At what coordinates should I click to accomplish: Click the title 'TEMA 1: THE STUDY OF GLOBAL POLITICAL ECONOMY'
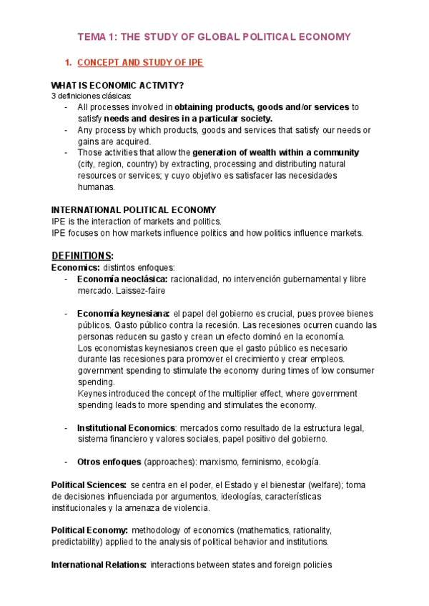(214, 36)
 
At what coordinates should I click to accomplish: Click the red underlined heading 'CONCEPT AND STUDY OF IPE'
(140, 63)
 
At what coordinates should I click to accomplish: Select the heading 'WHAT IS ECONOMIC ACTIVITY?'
(117, 86)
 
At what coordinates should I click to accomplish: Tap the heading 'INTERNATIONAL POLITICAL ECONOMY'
(134, 210)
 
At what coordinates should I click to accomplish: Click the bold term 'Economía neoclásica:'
(122, 279)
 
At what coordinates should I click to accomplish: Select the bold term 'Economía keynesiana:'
(123, 314)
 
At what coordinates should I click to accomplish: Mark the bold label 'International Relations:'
(99, 565)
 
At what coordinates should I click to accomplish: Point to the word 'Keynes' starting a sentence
(91, 394)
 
